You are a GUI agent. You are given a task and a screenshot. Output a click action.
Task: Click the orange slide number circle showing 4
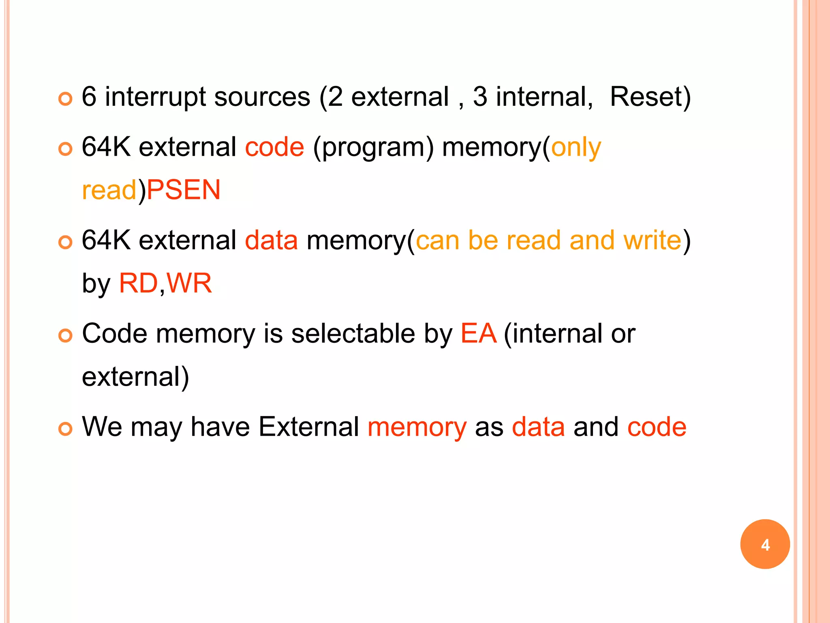pyautogui.click(x=765, y=544)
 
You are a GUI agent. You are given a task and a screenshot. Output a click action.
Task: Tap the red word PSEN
pyautogui.click(x=184, y=190)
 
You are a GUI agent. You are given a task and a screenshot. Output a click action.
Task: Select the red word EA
pyautogui.click(x=478, y=333)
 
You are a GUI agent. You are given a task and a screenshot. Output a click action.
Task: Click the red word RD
pyautogui.click(x=138, y=283)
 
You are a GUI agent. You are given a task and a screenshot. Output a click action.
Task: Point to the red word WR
pyautogui.click(x=189, y=283)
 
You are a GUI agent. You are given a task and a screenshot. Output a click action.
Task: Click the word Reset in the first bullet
pyautogui.click(x=650, y=97)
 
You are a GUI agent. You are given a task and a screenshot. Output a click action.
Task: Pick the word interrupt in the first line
pyautogui.click(x=156, y=97)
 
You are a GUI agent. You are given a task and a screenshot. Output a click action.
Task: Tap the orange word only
pyautogui.click(x=576, y=148)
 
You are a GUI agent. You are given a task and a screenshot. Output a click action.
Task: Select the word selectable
pyautogui.click(x=353, y=333)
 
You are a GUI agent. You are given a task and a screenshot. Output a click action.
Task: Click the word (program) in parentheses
pyautogui.click(x=373, y=148)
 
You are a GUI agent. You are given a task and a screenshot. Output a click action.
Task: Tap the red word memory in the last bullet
pyautogui.click(x=417, y=428)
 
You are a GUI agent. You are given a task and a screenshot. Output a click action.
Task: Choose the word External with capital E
pyautogui.click(x=309, y=427)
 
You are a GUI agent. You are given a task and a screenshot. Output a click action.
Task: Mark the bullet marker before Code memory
pyautogui.click(x=65, y=335)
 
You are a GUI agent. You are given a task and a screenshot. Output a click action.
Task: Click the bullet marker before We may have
pyautogui.click(x=65, y=429)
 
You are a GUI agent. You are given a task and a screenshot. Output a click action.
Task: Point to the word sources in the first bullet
pyautogui.click(x=262, y=97)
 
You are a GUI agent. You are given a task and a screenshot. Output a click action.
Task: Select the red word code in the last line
pyautogui.click(x=657, y=427)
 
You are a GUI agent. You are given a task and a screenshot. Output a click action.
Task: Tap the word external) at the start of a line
pyautogui.click(x=135, y=376)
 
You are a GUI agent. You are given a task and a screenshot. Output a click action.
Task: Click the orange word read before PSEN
pyautogui.click(x=109, y=190)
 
